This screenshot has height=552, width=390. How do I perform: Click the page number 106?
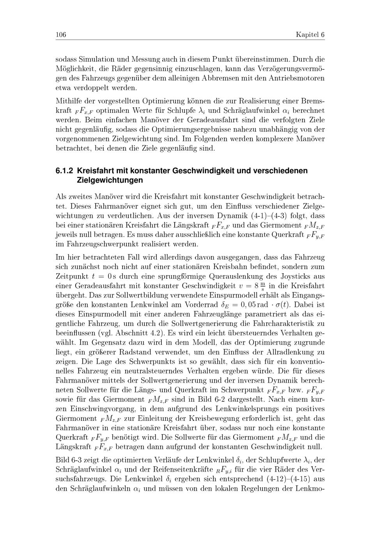point(61,35)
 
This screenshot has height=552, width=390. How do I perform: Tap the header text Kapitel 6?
point(310,35)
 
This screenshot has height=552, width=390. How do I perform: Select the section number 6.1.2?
point(65,171)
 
